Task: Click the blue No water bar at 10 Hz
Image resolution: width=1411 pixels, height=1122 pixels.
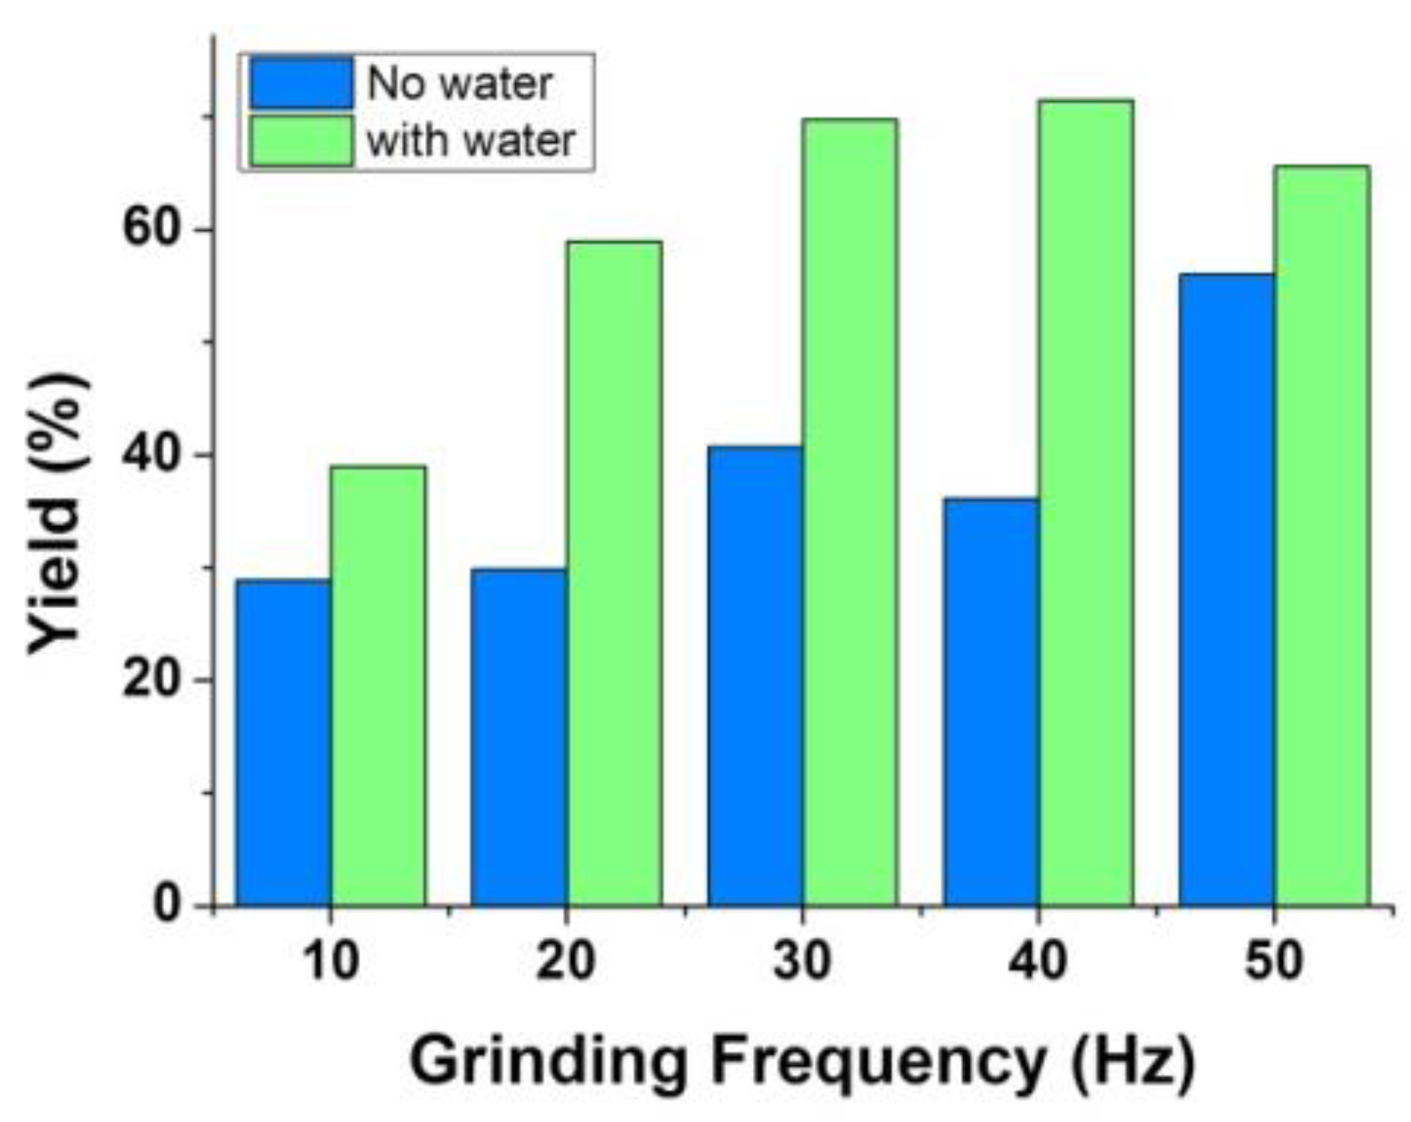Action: (x=283, y=742)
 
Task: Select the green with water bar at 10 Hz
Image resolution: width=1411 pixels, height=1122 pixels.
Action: (x=378, y=686)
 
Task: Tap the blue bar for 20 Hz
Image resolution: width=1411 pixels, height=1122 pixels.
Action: (x=519, y=737)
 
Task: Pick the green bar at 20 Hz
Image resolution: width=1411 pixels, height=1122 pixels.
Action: (x=614, y=573)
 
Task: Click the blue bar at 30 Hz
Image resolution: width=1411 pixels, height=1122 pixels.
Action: (x=756, y=676)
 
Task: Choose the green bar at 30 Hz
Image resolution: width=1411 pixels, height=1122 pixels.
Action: (x=851, y=512)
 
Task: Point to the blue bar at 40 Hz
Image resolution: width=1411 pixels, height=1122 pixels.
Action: (x=992, y=701)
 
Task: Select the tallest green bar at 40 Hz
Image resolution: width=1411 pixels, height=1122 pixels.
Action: (x=1087, y=503)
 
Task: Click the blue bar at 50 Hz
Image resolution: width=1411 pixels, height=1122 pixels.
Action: (x=1227, y=590)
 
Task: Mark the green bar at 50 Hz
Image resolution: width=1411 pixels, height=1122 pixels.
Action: (x=1322, y=535)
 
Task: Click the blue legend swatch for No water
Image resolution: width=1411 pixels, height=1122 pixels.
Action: (x=302, y=83)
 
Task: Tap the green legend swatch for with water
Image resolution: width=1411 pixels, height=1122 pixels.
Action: (x=302, y=140)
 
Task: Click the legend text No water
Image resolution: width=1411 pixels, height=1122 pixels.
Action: (x=460, y=84)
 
